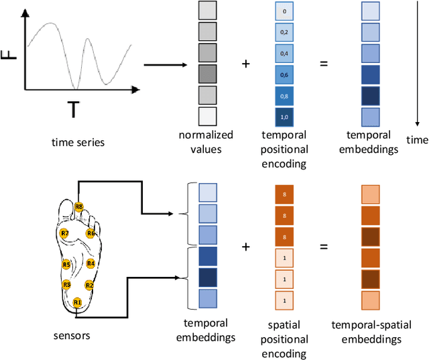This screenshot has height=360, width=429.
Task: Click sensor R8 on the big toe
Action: (x=79, y=207)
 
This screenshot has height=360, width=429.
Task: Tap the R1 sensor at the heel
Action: (x=77, y=302)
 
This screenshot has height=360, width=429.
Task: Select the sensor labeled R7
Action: (x=64, y=233)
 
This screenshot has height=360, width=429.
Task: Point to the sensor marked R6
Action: (x=91, y=233)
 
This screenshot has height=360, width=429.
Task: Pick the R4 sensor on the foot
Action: (x=90, y=263)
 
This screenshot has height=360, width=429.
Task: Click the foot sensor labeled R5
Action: (x=66, y=264)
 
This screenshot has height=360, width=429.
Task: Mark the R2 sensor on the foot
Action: (x=89, y=285)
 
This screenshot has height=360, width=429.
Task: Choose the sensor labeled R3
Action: (x=66, y=285)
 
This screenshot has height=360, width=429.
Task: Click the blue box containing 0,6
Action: (x=284, y=74)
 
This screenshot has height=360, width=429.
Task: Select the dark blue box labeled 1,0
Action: (x=284, y=117)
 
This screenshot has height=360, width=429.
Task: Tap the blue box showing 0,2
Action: (x=284, y=32)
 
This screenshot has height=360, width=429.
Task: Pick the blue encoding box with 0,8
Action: (x=284, y=95)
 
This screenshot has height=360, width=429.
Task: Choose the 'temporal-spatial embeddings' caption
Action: (x=370, y=333)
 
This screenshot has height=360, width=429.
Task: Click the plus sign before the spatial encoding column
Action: (x=246, y=247)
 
